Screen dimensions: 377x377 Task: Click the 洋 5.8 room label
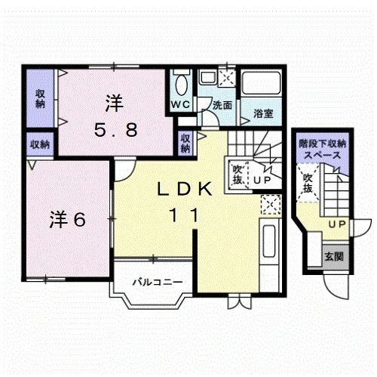click(115, 116)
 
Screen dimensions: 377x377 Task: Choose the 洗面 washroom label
click(222, 106)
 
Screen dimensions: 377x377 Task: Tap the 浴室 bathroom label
click(262, 114)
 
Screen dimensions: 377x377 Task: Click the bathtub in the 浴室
click(261, 87)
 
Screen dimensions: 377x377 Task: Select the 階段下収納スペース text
click(322, 147)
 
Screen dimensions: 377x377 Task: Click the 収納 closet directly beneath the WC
click(185, 143)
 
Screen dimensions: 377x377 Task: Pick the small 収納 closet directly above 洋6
click(40, 144)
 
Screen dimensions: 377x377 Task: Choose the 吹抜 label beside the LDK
click(237, 175)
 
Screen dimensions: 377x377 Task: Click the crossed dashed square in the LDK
click(269, 204)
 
